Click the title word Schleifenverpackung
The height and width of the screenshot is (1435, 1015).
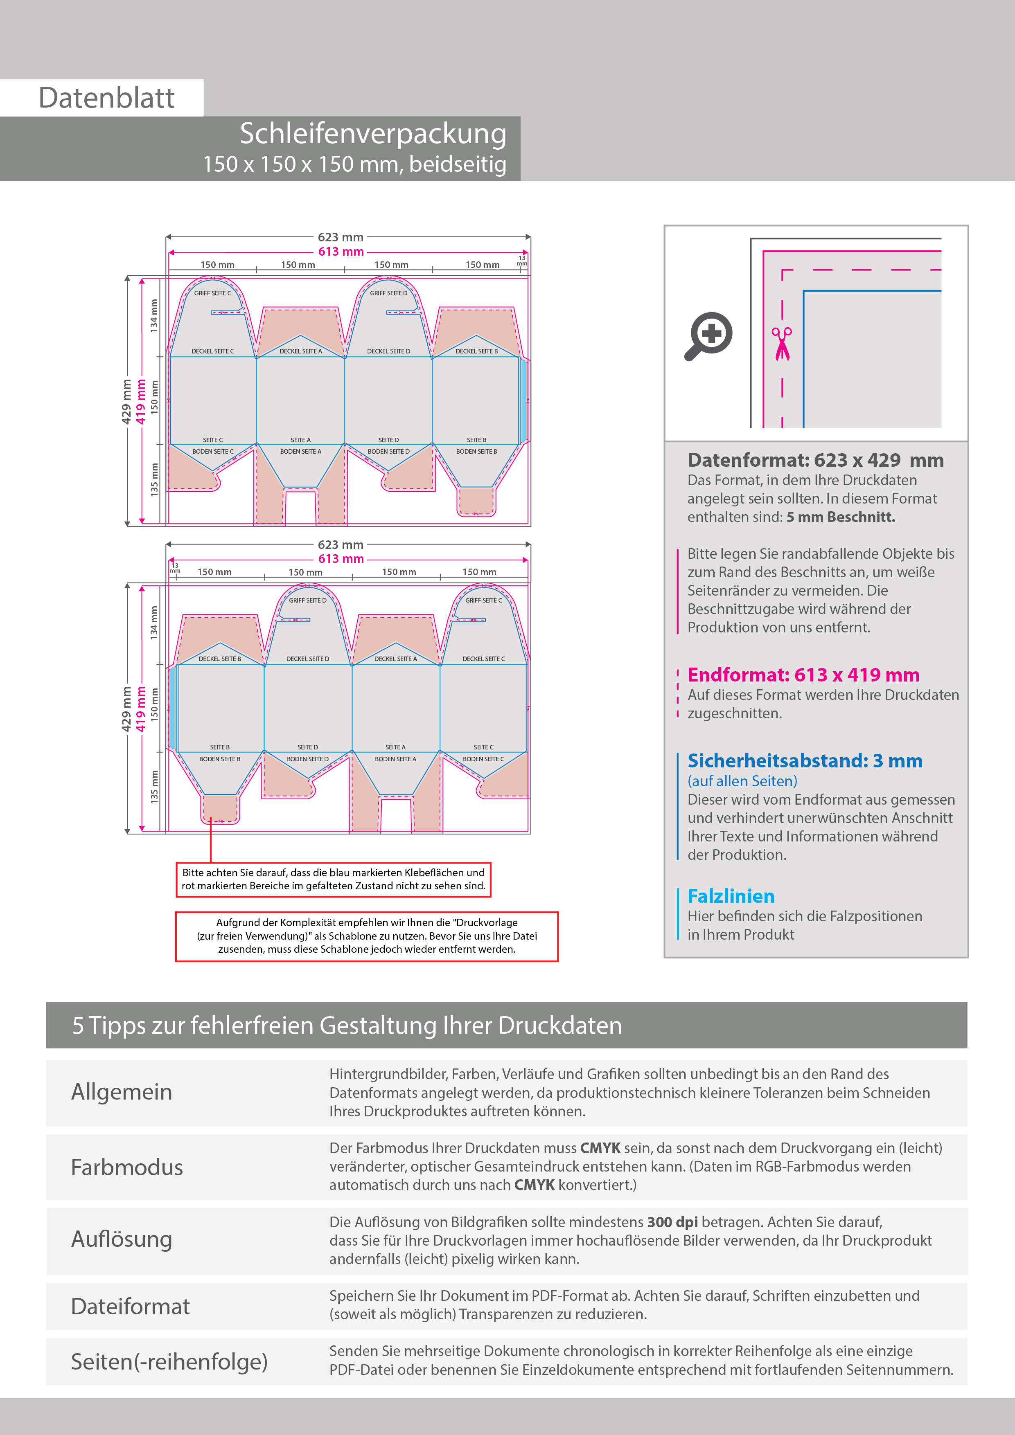coord(373,134)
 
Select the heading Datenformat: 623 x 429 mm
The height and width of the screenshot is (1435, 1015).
coord(816,460)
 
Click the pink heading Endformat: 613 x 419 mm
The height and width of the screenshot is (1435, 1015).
coord(804,675)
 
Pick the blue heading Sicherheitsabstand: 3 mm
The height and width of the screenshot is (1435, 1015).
coord(805,760)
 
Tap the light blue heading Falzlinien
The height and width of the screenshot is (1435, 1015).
coord(731,896)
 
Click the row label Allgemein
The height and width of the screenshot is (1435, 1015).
coord(122,1092)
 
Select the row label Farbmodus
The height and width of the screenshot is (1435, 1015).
coord(127,1167)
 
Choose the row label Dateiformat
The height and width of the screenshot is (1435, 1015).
coord(130,1306)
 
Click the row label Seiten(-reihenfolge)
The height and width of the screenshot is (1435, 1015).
coord(169,1361)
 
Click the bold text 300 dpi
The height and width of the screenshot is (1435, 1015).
coord(672,1222)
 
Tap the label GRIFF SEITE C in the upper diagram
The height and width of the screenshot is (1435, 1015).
coord(213,293)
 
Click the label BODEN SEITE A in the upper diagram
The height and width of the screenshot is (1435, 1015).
coord(301,451)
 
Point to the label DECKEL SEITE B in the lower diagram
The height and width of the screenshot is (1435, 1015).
coord(219,659)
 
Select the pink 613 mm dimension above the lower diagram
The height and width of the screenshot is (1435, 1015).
coord(341,559)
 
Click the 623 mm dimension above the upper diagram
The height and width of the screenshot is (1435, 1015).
coord(341,237)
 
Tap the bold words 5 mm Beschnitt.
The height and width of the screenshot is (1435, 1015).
coord(841,517)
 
